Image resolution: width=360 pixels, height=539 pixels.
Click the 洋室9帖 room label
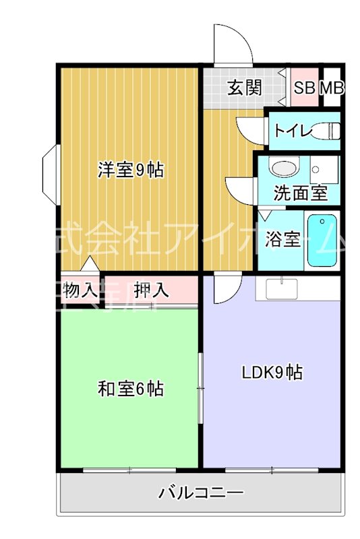click(x=130, y=170)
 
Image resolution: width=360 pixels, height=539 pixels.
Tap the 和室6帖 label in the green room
click(x=130, y=389)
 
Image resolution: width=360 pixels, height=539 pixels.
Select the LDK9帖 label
click(x=272, y=371)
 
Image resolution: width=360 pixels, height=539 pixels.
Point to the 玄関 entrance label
click(x=243, y=88)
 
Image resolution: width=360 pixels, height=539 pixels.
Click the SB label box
click(x=304, y=88)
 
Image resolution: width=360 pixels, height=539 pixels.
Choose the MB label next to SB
click(x=331, y=88)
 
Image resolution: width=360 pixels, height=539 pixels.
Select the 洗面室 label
click(x=301, y=193)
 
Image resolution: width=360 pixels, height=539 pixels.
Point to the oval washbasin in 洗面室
click(x=283, y=166)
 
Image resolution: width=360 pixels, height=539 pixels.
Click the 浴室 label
click(x=282, y=239)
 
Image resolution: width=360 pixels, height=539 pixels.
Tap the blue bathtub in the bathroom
click(x=322, y=241)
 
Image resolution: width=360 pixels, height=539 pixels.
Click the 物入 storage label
click(x=80, y=290)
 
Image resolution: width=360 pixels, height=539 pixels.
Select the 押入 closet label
click(x=150, y=290)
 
